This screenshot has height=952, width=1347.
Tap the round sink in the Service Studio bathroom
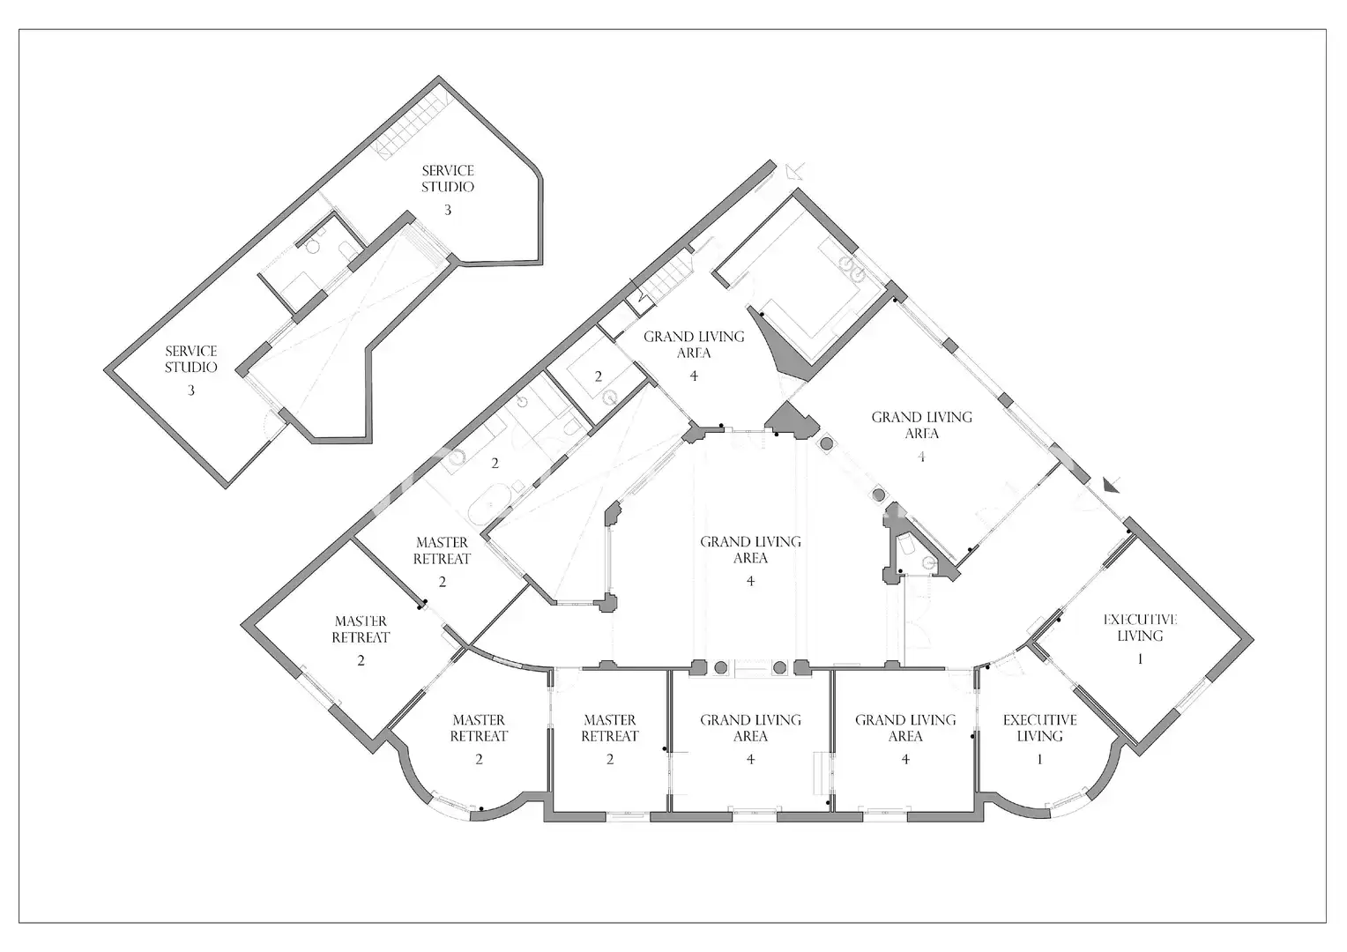tap(312, 247)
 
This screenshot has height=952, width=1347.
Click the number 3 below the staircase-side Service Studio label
tap(448, 210)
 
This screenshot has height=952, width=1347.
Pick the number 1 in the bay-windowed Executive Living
tap(1039, 760)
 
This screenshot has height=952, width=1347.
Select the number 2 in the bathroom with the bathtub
tap(495, 463)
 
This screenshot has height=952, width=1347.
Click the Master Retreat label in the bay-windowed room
tap(479, 728)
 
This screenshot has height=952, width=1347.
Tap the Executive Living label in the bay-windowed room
tap(1039, 728)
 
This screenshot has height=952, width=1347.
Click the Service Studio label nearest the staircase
tap(448, 179)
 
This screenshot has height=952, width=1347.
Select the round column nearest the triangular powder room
tap(879, 495)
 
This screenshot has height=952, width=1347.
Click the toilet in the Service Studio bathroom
tap(347, 250)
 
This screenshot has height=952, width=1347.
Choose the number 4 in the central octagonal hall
tap(750, 582)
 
